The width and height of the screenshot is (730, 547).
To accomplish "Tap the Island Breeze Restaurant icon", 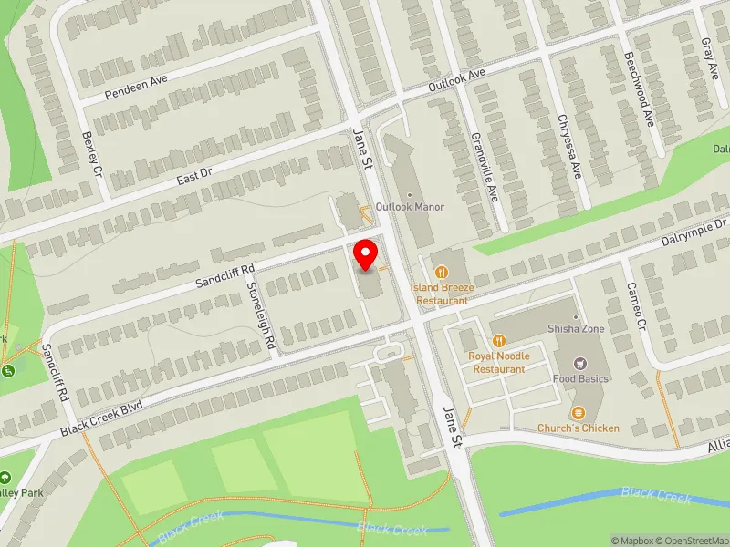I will (x=443, y=271).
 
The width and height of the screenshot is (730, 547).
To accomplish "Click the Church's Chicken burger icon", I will (x=577, y=413).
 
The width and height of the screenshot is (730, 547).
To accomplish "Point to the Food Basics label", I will (x=580, y=377).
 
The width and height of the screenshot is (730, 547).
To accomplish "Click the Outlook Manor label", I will (x=412, y=207).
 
